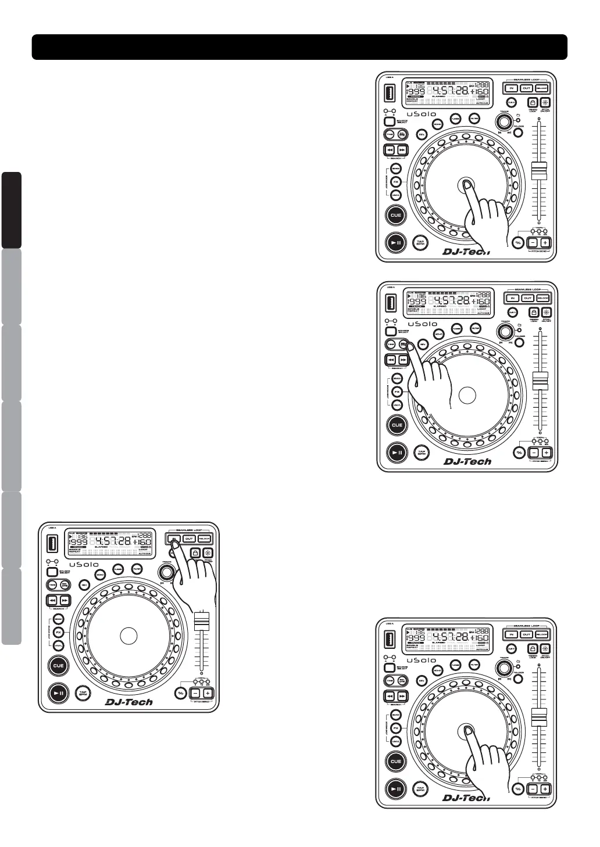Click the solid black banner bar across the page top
tap(299, 47)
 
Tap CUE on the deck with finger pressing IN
tap(59, 666)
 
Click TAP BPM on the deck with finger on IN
tap(83, 692)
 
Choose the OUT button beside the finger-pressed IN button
tap(189, 539)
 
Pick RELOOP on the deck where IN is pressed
tap(204, 539)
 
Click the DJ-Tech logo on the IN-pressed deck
tap(129, 702)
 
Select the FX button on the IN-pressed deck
tap(58, 632)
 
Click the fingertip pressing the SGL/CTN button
tap(409, 347)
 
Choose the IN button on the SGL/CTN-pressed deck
tap(513, 298)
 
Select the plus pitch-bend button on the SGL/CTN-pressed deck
tap(546, 453)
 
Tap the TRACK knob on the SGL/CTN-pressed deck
tap(505, 332)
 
